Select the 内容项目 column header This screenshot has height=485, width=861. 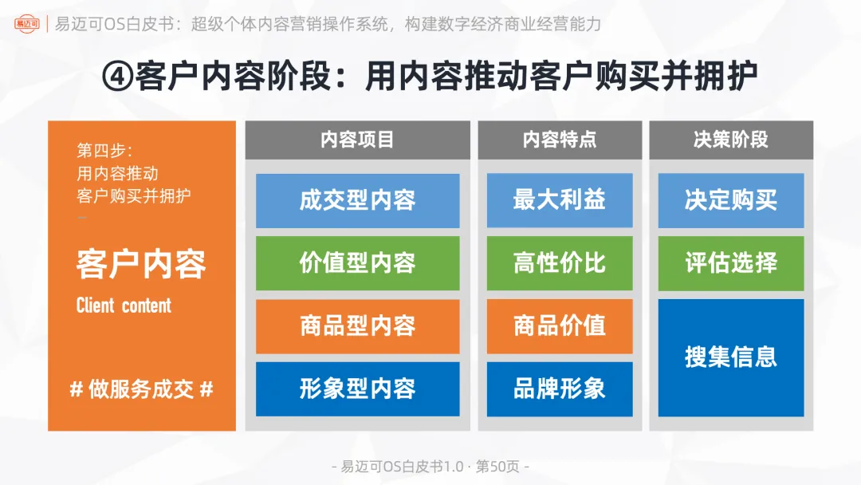(x=357, y=140)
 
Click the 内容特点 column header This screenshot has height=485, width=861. (x=560, y=140)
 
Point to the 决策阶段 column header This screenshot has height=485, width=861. (x=730, y=140)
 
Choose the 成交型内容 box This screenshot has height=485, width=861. (x=357, y=200)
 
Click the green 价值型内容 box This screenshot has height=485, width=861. (x=357, y=263)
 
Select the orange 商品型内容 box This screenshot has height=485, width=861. (x=357, y=326)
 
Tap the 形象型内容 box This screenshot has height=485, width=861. (x=357, y=388)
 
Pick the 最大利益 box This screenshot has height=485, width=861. (x=560, y=200)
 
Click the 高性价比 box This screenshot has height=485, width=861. (x=560, y=263)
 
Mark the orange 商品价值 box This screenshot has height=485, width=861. (x=560, y=326)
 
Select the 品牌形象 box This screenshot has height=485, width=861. (x=560, y=388)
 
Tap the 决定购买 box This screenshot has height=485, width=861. (x=730, y=200)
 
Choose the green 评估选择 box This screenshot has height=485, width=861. (x=730, y=263)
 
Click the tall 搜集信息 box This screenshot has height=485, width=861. (x=730, y=357)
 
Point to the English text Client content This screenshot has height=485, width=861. (x=124, y=306)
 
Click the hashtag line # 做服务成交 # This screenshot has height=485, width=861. (x=141, y=389)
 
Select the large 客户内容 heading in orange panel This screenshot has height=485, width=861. (x=141, y=265)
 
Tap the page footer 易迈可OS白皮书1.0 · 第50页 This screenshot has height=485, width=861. (x=430, y=467)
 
